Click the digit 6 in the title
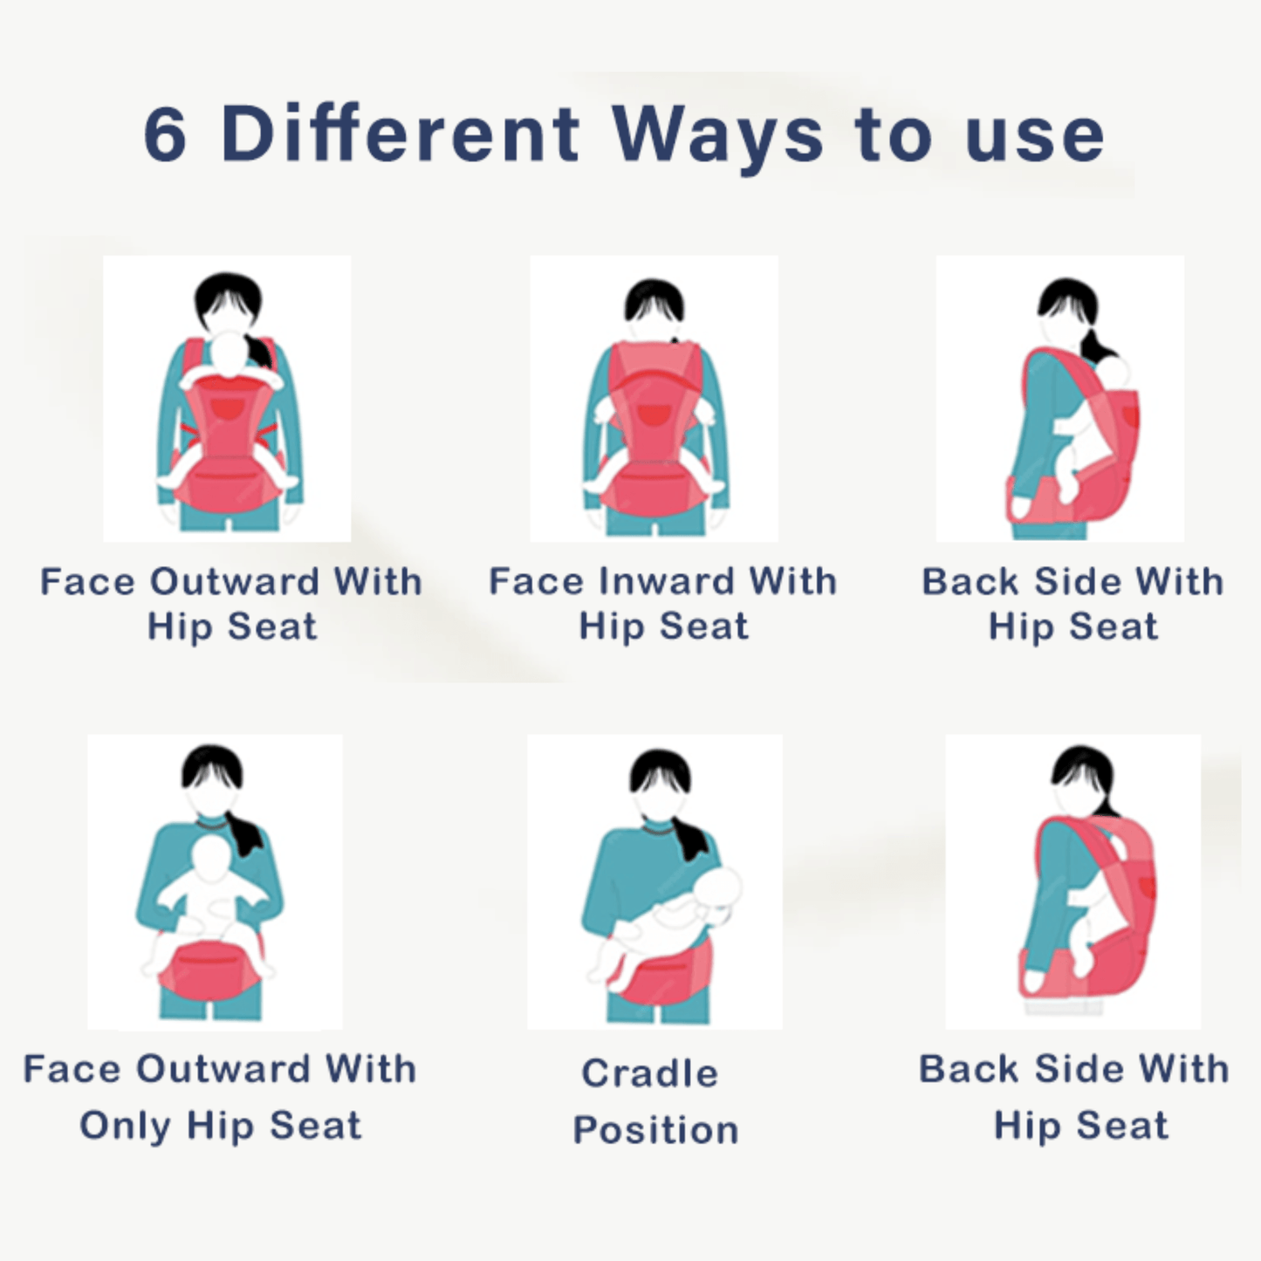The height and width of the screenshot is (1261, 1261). click(165, 134)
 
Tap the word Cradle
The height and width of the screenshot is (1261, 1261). click(650, 1074)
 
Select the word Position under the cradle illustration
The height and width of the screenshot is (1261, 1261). click(655, 1131)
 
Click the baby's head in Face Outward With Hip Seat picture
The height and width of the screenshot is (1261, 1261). click(229, 353)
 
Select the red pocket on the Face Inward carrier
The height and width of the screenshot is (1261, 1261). click(652, 415)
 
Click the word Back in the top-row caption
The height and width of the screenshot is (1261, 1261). click(970, 581)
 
